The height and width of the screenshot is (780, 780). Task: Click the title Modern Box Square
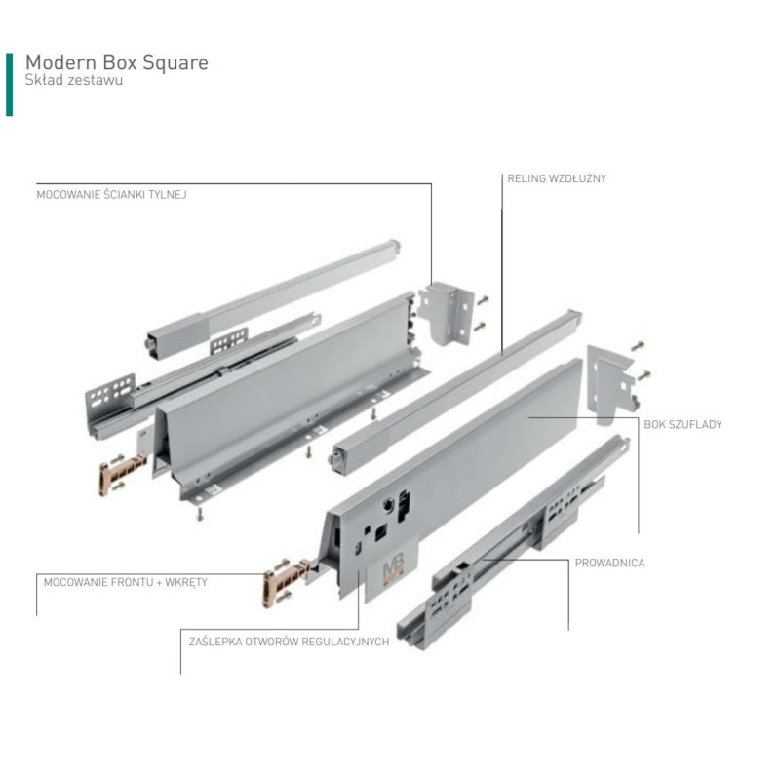117,63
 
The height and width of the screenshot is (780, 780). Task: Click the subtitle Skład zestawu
74,80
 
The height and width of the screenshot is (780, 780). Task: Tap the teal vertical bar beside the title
9,85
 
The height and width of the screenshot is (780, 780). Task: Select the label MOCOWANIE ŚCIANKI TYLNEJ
111,194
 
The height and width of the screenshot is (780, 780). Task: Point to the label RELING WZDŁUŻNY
557,178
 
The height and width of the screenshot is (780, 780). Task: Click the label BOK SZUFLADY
682,424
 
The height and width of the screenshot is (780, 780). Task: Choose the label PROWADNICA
610,563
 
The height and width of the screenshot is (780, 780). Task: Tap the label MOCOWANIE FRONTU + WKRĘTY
126,582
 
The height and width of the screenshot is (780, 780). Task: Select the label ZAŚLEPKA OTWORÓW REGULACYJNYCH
289,642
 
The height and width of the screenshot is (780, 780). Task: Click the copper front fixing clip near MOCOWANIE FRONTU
287,582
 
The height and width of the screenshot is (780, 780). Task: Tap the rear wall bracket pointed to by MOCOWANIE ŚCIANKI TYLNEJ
447,312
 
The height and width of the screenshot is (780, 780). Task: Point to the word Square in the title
175,63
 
